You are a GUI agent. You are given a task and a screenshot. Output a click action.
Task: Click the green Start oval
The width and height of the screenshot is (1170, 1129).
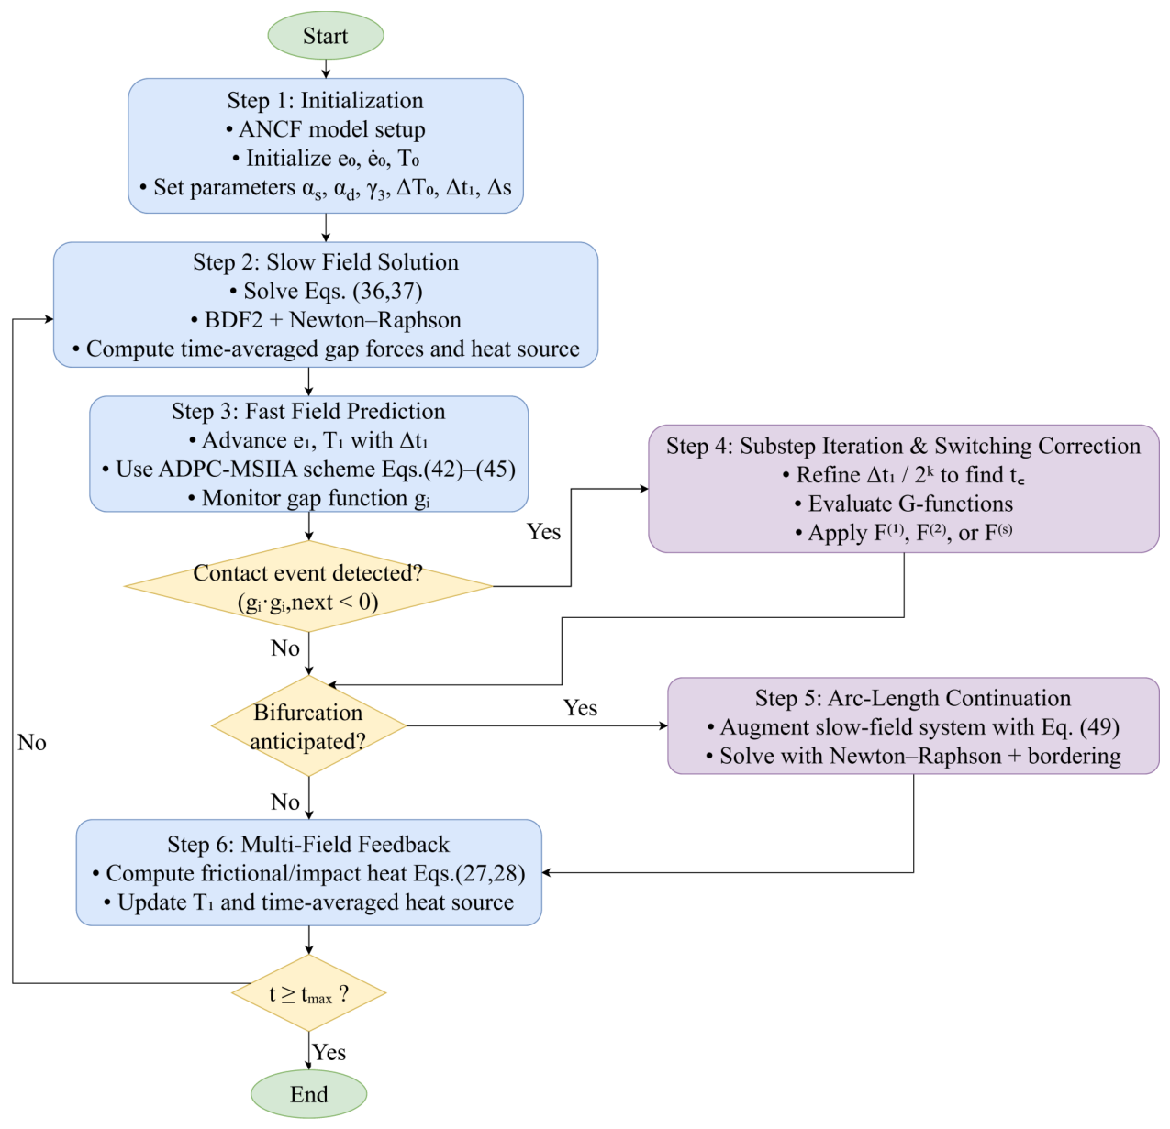tap(325, 36)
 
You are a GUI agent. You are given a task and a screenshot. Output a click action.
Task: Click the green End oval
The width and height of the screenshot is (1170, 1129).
tap(308, 1093)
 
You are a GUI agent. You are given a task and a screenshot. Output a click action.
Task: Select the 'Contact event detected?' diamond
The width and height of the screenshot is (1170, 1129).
tap(308, 586)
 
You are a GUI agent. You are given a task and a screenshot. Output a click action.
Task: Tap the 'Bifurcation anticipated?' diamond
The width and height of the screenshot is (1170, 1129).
tap(308, 725)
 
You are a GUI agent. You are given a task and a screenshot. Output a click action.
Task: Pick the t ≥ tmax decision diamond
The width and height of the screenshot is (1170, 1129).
tap(308, 993)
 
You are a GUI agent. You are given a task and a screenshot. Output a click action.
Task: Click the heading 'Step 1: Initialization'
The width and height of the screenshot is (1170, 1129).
tap(325, 100)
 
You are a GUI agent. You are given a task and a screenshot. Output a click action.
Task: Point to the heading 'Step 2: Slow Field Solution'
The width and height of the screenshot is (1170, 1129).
tap(325, 262)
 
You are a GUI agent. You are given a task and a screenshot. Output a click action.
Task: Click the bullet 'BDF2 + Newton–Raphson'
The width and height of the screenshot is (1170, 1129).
tap(326, 320)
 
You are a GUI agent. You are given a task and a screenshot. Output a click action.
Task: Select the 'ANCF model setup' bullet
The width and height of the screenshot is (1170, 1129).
tap(325, 129)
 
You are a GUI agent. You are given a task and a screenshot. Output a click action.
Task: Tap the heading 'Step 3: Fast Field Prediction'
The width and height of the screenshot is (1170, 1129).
tap(308, 411)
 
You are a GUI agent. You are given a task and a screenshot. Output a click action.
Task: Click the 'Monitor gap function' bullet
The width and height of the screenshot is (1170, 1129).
tap(308, 498)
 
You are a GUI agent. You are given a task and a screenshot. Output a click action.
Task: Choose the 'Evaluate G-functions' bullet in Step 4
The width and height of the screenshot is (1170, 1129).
tap(903, 504)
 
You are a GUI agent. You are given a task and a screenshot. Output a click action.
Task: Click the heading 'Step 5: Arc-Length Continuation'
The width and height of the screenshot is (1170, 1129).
tap(913, 698)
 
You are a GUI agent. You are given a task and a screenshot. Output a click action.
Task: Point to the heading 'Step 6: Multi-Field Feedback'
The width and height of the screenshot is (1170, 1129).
tap(308, 844)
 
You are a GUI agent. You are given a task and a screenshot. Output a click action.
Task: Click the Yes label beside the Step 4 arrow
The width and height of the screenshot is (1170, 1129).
tap(543, 532)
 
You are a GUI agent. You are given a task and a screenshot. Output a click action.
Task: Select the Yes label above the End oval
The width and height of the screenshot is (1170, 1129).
tap(329, 1052)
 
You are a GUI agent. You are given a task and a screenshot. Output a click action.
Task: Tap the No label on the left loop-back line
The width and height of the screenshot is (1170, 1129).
tap(32, 743)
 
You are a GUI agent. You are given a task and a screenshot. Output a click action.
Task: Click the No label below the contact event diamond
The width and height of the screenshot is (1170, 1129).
tap(285, 648)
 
